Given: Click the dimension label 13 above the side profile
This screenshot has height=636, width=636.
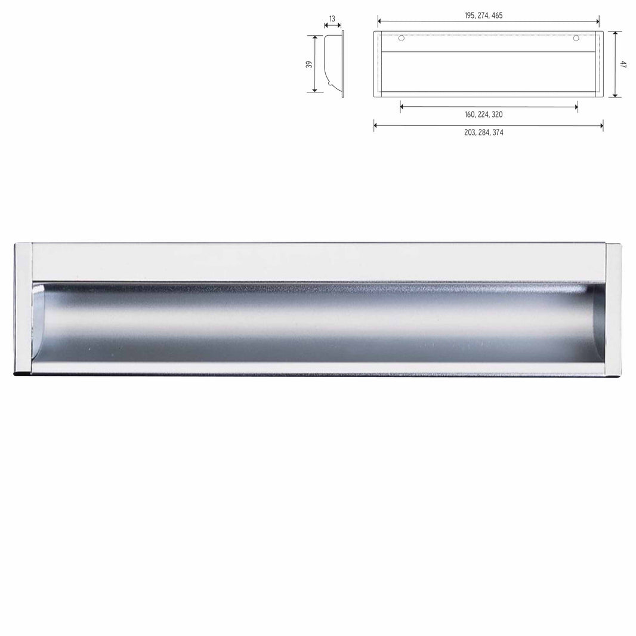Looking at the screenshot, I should point(332,18).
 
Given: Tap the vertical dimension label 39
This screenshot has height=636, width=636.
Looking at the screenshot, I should point(309,64).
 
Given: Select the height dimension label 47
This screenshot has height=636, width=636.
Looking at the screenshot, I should point(623,64).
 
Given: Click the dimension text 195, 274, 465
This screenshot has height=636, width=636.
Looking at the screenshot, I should point(487,15).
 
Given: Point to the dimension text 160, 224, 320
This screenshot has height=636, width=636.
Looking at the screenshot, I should point(487,115).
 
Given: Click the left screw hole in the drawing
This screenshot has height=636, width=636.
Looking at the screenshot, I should point(401,39).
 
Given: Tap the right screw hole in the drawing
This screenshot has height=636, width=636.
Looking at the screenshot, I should point(576,39).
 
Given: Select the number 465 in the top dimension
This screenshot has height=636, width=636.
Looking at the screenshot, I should point(504,15).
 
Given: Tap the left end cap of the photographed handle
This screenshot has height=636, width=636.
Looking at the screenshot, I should point(22,308).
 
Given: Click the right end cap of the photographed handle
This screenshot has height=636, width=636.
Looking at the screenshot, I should point(614,309).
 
